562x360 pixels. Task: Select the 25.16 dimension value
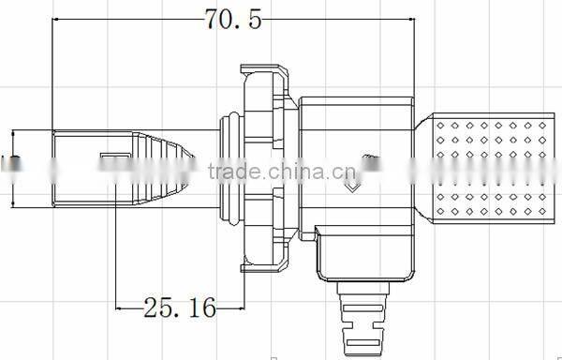click(x=179, y=306)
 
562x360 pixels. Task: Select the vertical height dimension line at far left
click(x=14, y=169)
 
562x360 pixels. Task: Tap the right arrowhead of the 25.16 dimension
click(x=239, y=306)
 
